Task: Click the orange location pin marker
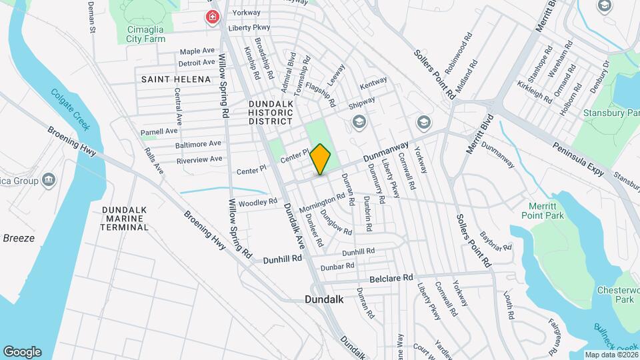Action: point(321,159)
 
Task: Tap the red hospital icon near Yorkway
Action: point(213,16)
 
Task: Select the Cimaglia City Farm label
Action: point(146,34)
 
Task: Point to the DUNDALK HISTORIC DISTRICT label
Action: point(270,113)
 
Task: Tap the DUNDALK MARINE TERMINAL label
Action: point(125,218)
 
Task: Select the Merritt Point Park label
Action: point(545,210)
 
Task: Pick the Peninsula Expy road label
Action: point(578,159)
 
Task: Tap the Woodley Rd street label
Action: point(257,201)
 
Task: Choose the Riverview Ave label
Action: point(199,159)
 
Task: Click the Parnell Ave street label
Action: point(159,131)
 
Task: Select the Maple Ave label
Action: point(197,51)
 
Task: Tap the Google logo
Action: point(22,351)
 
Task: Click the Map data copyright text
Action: point(609,355)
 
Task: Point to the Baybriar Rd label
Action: point(495,241)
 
